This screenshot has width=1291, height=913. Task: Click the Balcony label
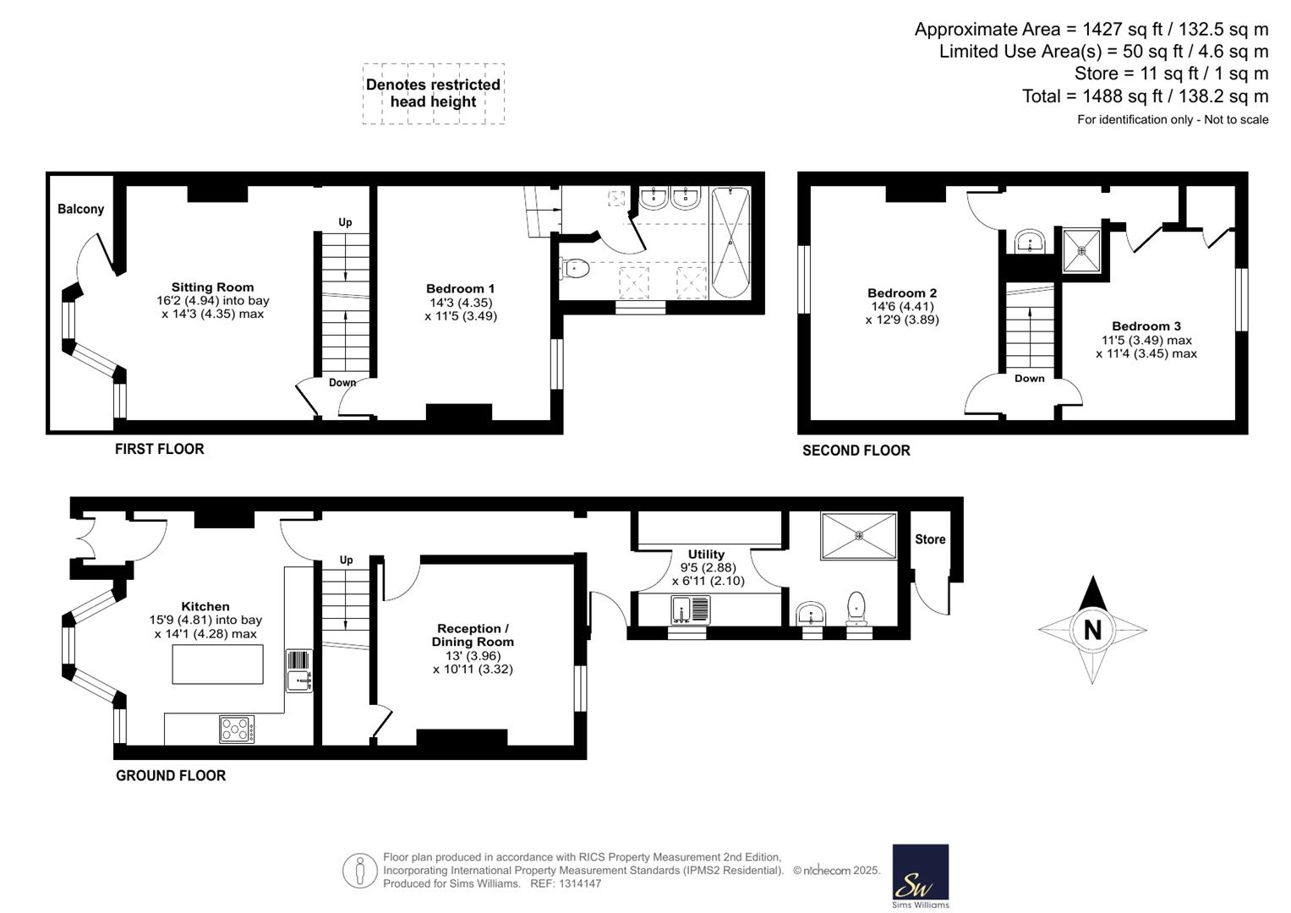coord(80,209)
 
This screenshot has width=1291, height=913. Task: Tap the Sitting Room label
coord(213,287)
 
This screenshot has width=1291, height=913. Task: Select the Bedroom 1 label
coord(461,289)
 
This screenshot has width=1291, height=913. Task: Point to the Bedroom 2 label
coord(902,292)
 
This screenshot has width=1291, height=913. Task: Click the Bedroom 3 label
coord(1146,326)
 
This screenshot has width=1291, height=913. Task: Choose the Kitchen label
coord(205,606)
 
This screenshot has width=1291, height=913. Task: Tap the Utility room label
coord(706,554)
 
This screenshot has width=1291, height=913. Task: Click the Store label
coord(930,539)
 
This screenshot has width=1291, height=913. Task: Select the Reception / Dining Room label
coord(473,635)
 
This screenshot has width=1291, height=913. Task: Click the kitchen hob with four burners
coord(237,729)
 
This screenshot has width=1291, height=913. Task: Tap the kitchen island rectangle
coord(218,664)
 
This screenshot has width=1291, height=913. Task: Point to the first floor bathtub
coord(730,242)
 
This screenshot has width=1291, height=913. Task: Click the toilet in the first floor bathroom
coord(574,269)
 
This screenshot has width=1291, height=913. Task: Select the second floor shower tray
coord(1082,251)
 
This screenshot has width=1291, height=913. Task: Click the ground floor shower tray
coord(859,535)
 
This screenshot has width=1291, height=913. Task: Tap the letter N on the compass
coord(1092,630)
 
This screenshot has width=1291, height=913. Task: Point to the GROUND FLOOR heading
coord(171,775)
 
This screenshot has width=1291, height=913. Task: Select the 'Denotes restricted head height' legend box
coord(434,93)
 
